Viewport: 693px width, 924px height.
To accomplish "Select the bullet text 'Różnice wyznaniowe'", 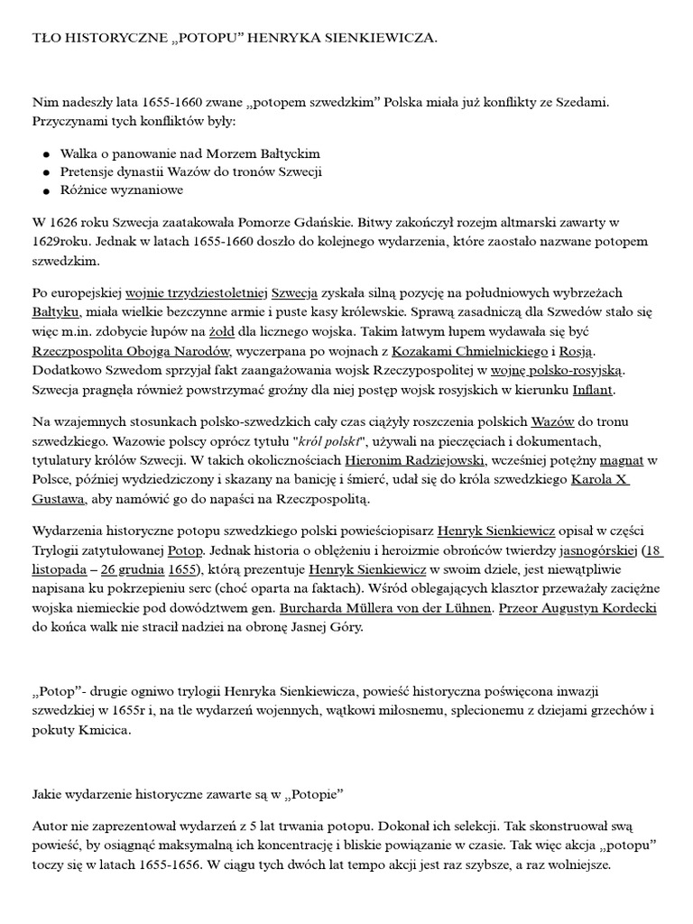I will coord(122,190).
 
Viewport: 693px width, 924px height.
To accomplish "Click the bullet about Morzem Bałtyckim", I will coord(190,153).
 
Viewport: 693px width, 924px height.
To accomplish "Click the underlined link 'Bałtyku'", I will coord(54,312).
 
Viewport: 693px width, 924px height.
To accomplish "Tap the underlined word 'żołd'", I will coord(237,331).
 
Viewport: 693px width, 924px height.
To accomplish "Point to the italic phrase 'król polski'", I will coord(328,439).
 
